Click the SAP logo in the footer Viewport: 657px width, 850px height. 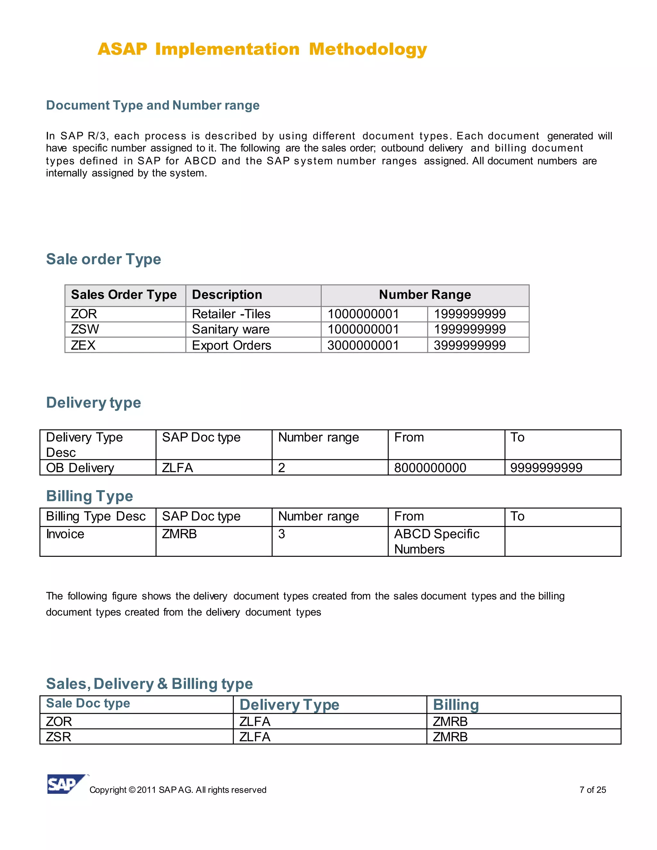point(66,784)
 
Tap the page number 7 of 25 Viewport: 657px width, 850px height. point(593,790)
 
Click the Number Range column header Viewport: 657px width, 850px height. point(425,295)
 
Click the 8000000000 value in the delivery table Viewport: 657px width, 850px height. point(430,467)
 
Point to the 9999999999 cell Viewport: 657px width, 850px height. point(546,467)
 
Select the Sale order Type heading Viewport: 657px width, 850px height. point(104,259)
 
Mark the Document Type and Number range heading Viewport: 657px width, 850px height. point(153,106)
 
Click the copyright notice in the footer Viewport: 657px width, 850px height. point(178,790)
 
